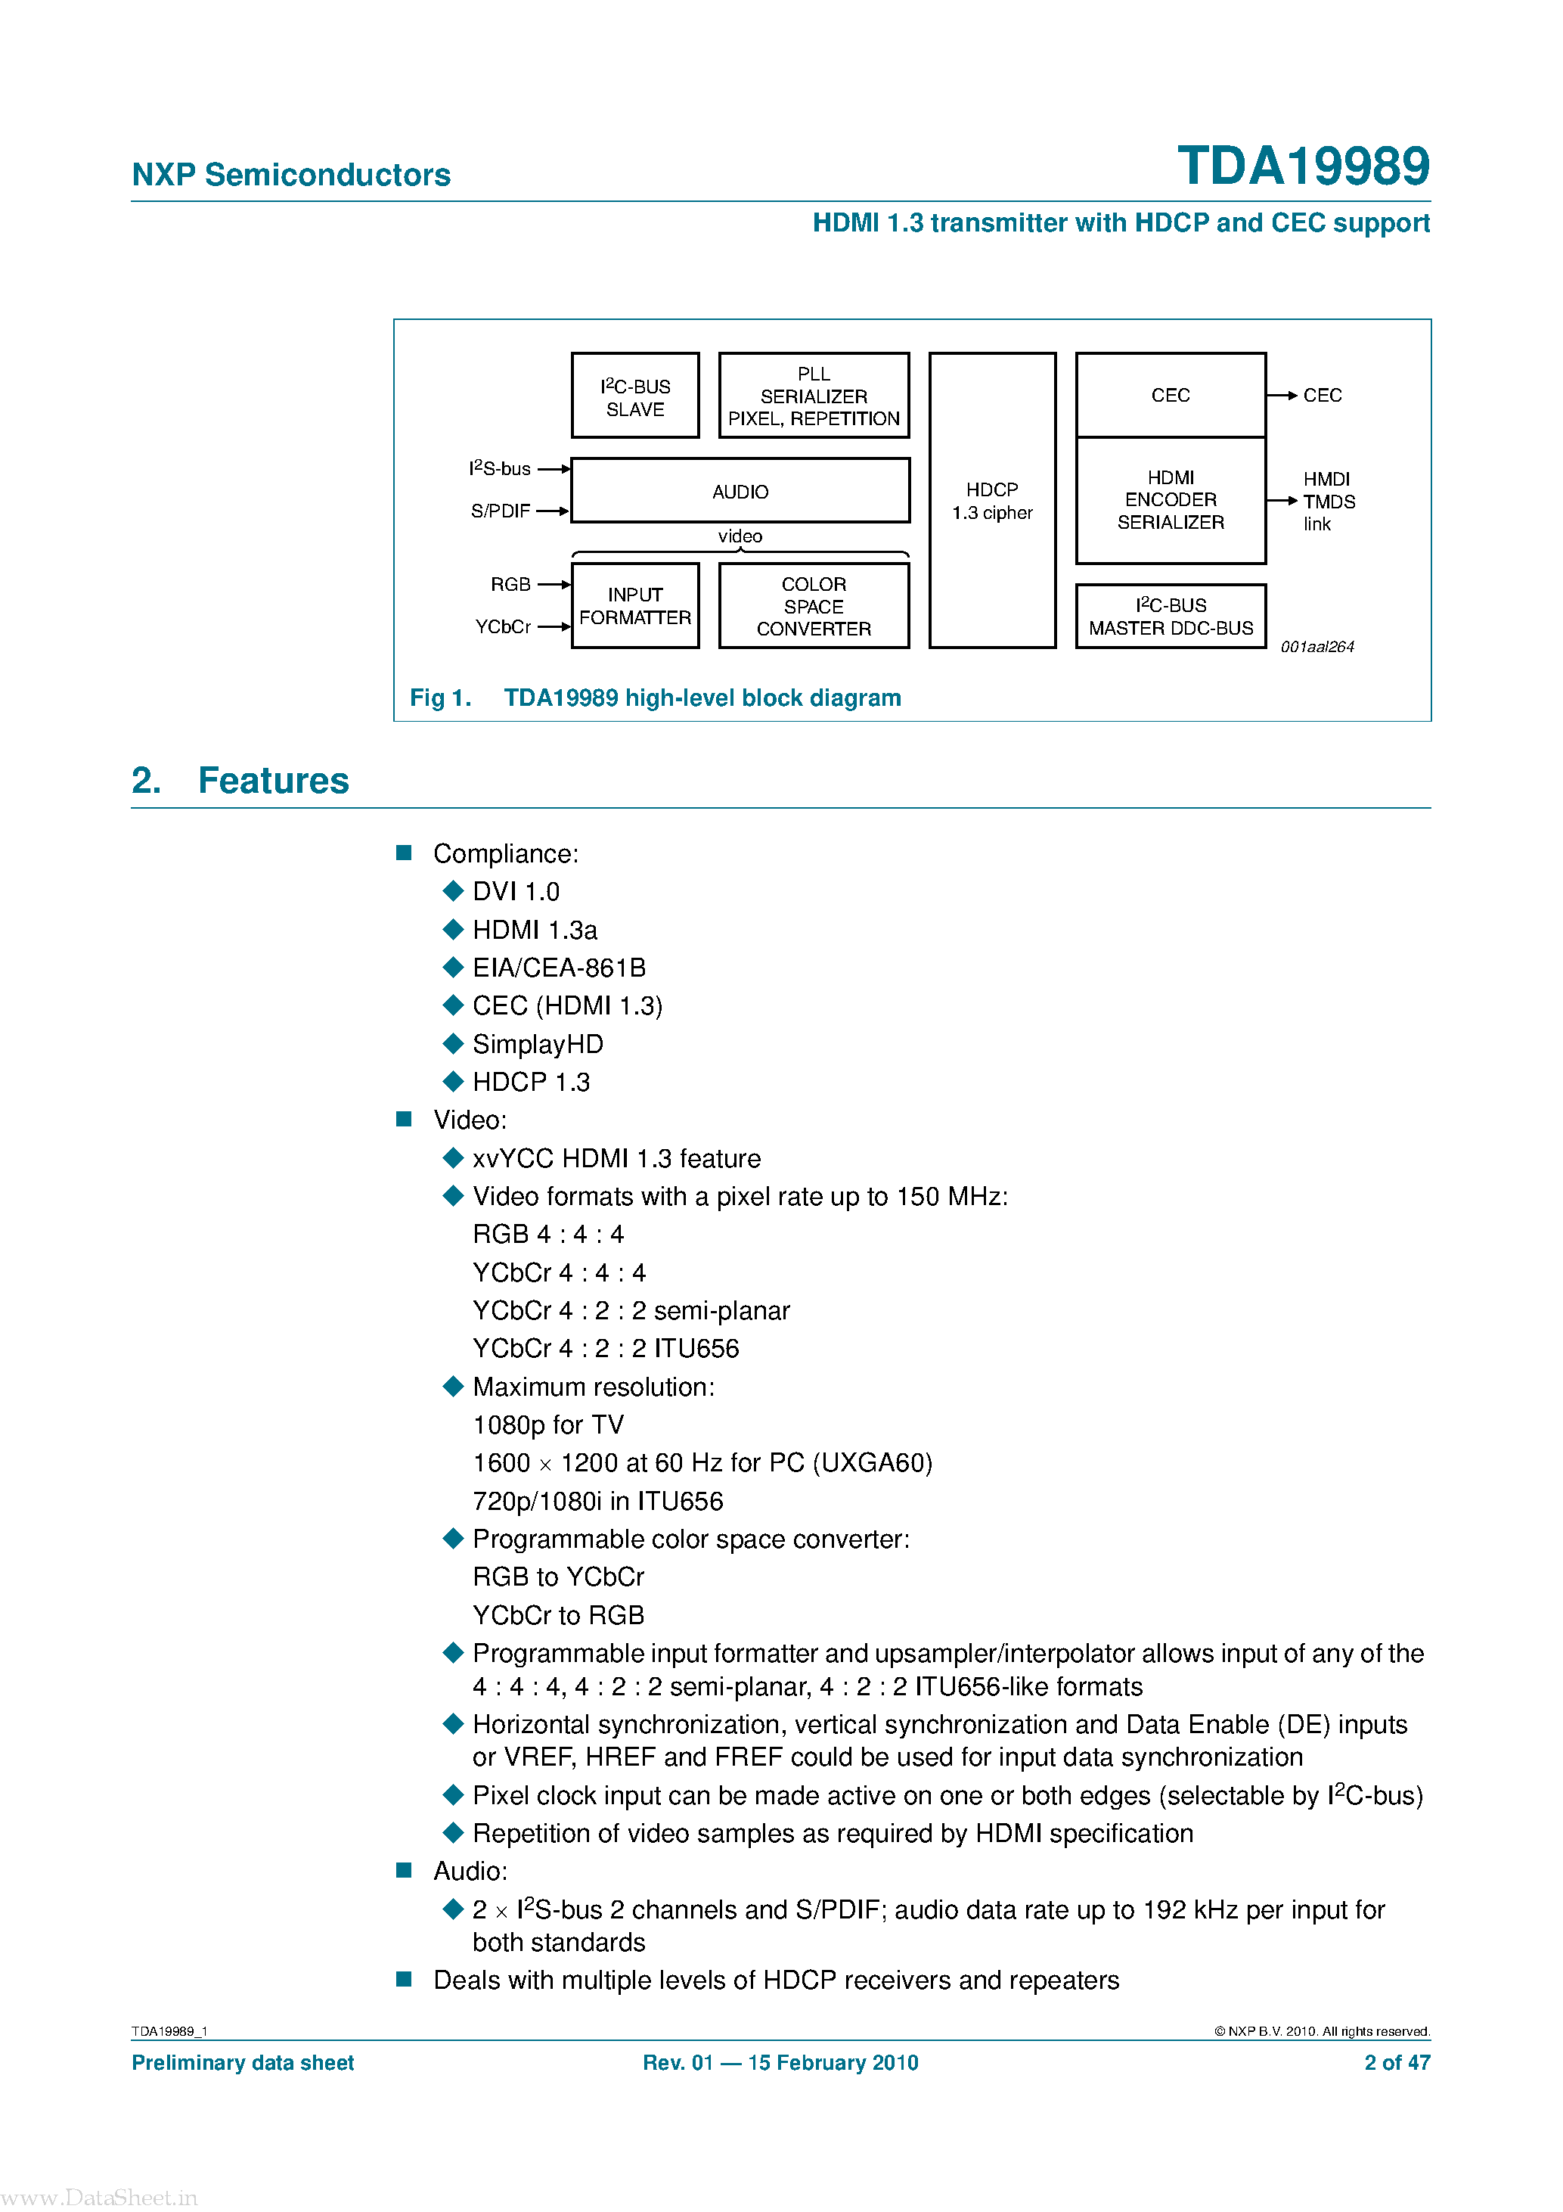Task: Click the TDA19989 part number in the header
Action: click(1302, 166)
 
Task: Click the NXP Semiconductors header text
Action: click(291, 175)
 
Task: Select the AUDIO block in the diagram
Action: click(740, 491)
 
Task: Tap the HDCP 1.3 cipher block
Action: click(992, 501)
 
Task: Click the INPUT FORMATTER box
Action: click(634, 606)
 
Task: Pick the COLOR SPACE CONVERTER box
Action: click(814, 606)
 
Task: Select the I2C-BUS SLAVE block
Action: click(634, 396)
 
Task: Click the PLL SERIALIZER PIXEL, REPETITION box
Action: click(814, 396)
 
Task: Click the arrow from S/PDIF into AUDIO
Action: click(553, 511)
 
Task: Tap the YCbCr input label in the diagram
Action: click(503, 627)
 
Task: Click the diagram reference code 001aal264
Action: click(1316, 648)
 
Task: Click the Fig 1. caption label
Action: click(440, 697)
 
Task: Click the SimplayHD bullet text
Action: click(538, 1044)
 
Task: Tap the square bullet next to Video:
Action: click(405, 1120)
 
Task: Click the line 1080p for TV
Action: click(548, 1425)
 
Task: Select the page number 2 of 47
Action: click(1397, 2063)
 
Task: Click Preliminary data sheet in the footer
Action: click(243, 2063)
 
